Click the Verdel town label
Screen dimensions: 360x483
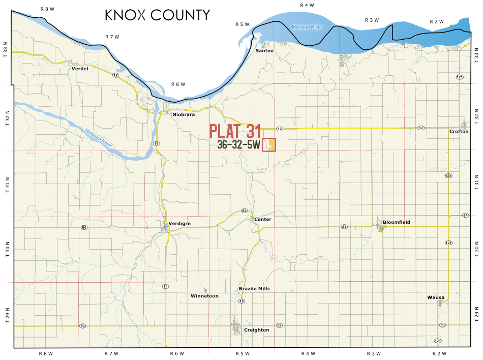(80, 68)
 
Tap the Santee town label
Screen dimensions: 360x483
(264, 50)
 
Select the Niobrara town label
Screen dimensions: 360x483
(184, 114)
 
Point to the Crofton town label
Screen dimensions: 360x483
(459, 131)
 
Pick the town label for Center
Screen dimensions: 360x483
(263, 219)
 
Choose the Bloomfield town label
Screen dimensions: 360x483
(396, 222)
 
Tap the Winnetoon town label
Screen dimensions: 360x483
(204, 295)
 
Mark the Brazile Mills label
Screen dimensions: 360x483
(254, 288)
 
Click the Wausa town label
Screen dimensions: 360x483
(436, 297)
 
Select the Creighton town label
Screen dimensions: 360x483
(256, 330)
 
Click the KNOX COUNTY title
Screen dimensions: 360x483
(157, 15)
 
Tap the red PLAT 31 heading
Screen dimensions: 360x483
(235, 131)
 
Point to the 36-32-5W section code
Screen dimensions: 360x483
(238, 145)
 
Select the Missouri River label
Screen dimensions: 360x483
(307, 27)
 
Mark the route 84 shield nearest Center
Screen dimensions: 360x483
(244, 211)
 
